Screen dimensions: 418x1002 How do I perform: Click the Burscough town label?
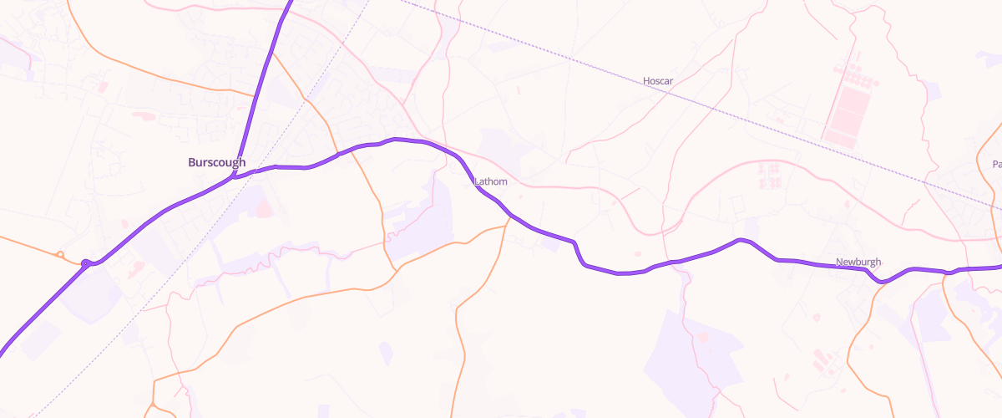216,162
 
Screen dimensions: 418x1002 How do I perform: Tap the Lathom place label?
490,181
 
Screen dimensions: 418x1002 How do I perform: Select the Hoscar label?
658,81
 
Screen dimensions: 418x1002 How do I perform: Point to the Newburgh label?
858,262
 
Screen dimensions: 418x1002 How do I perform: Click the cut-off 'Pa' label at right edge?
996,165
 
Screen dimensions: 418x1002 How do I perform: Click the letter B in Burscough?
193,162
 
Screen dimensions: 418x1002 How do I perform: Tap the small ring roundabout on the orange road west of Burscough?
60,254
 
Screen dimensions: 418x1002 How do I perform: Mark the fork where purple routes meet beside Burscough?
236,176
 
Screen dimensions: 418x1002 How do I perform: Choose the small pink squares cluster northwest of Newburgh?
768,175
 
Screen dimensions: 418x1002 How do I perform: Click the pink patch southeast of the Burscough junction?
262,205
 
